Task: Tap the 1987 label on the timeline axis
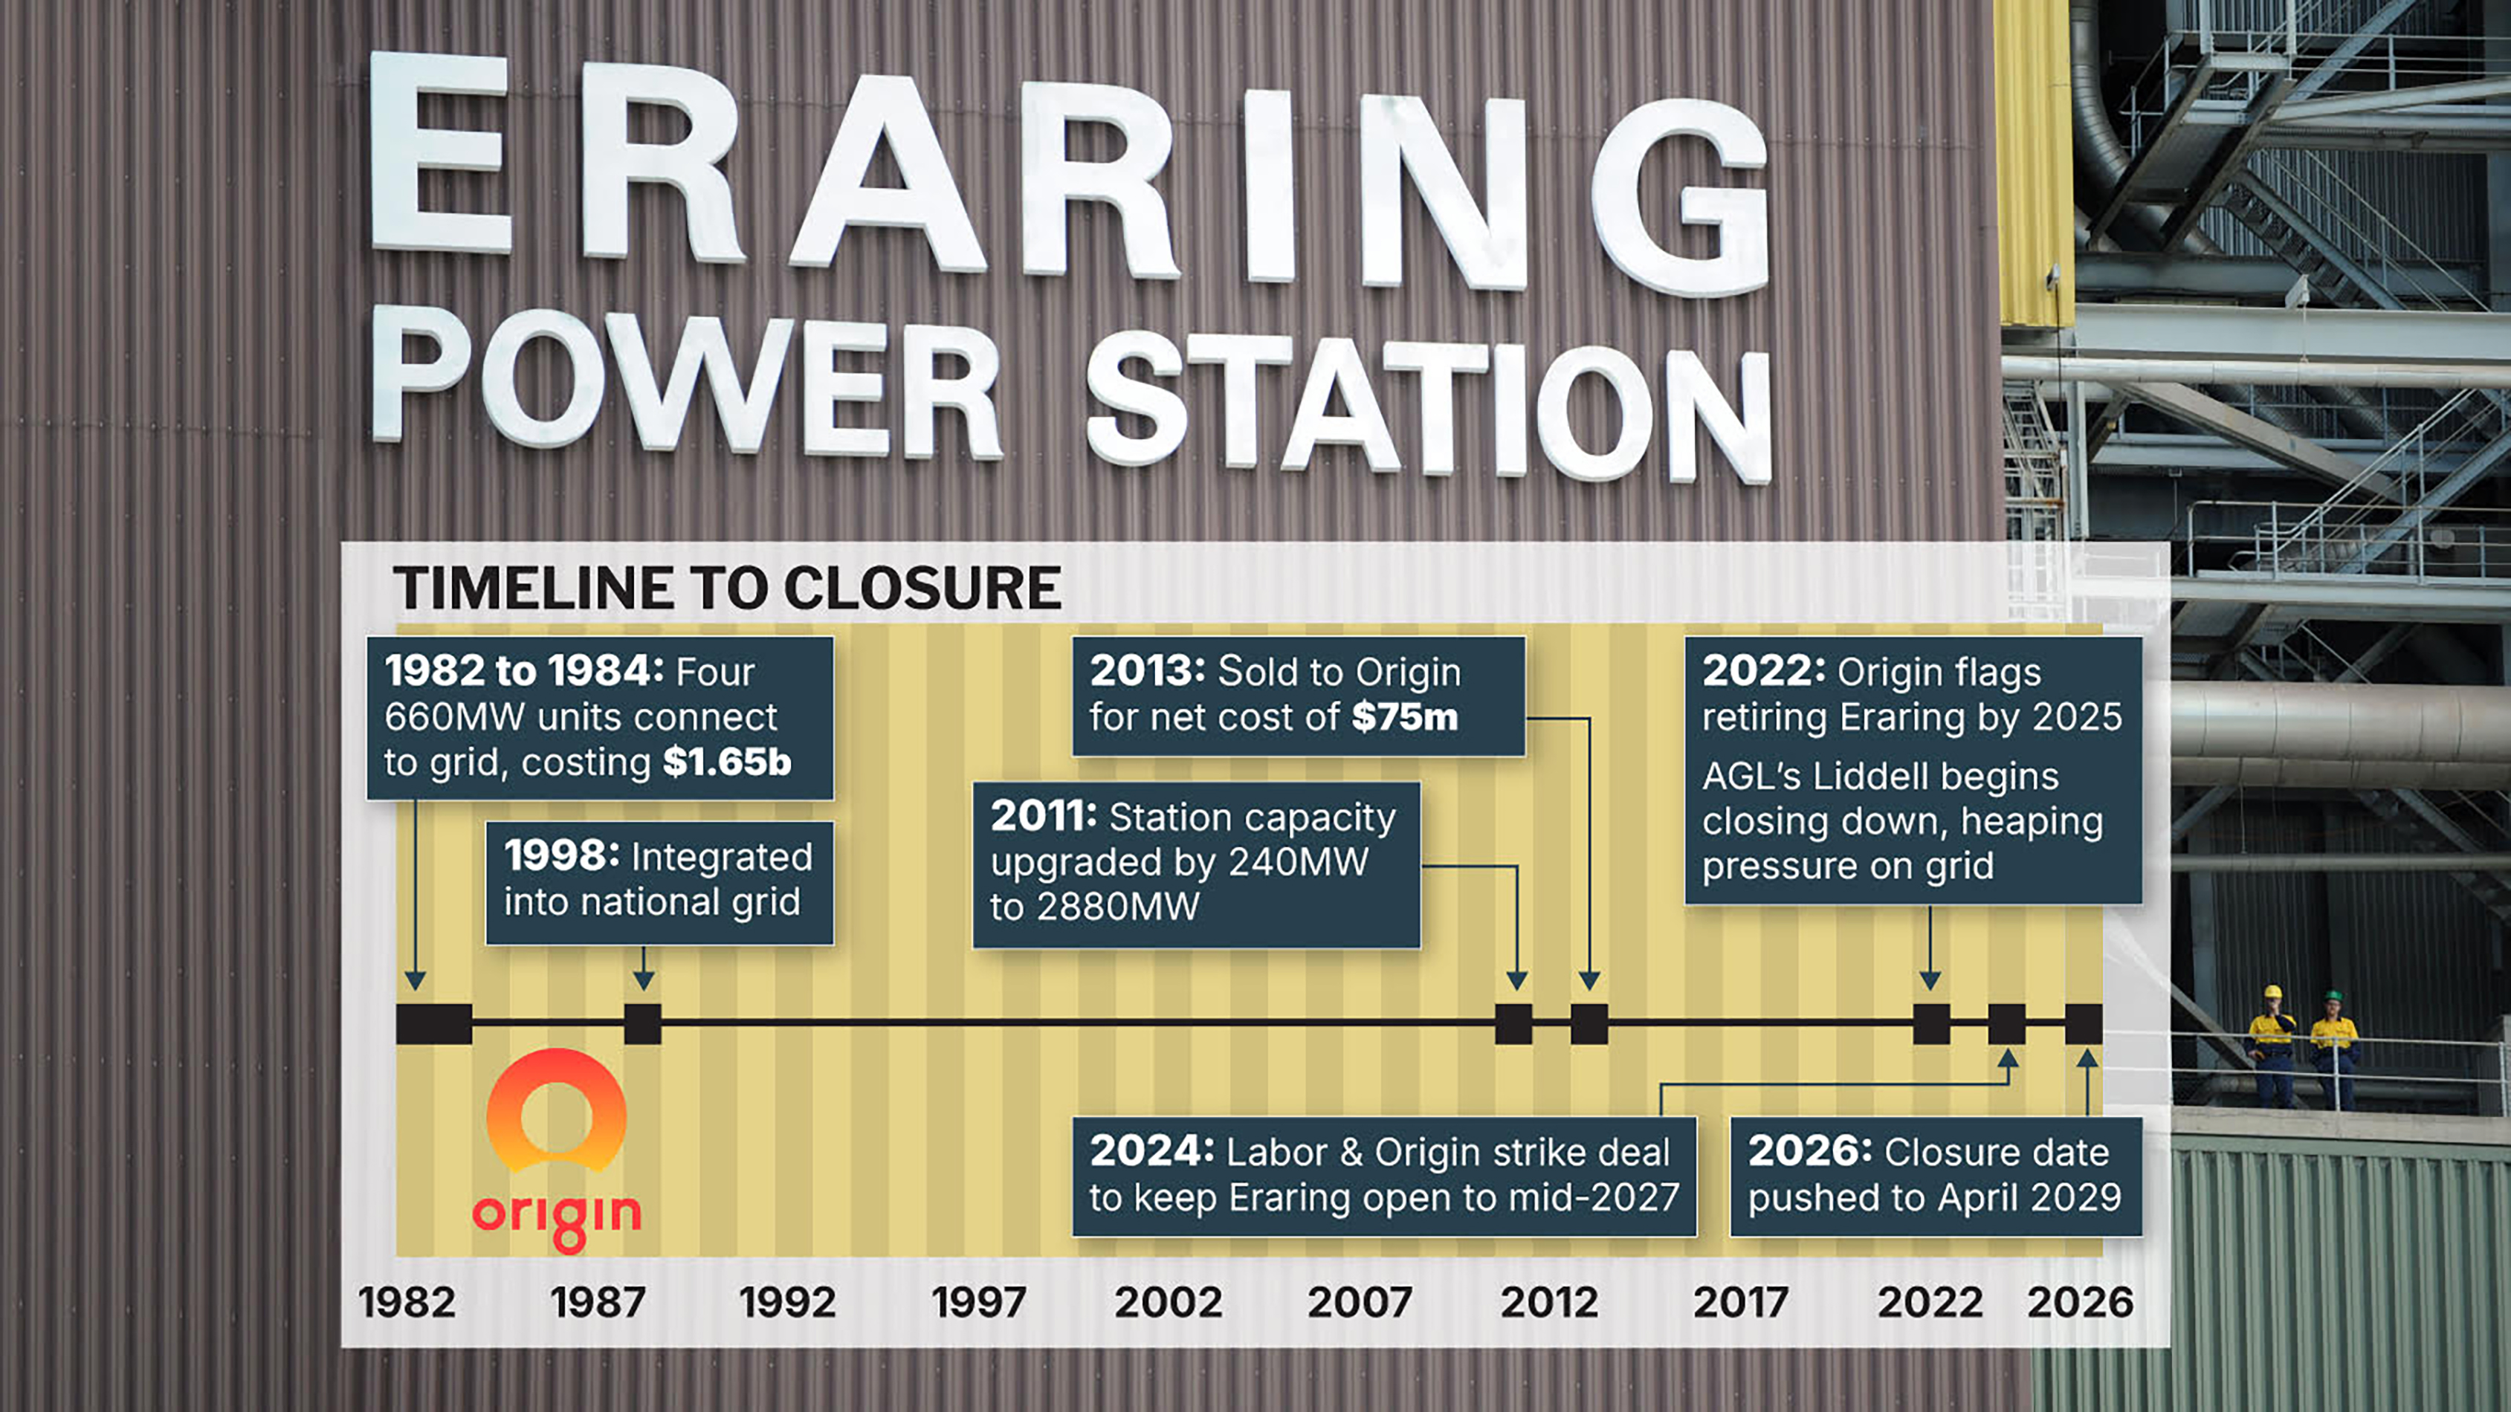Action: pyautogui.click(x=598, y=1302)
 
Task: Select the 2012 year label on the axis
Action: pyautogui.click(x=1549, y=1302)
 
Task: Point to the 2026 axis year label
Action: pyautogui.click(x=2080, y=1302)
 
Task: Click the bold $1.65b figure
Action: pyautogui.click(x=727, y=762)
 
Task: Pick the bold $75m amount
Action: pyautogui.click(x=1405, y=717)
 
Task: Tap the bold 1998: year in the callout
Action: pyautogui.click(x=561, y=855)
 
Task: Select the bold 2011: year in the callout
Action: pyautogui.click(x=1044, y=816)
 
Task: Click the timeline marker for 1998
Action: pyautogui.click(x=642, y=1024)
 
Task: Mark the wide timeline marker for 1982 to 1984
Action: pyautogui.click(x=434, y=1024)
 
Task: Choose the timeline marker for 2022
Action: pyautogui.click(x=1931, y=1024)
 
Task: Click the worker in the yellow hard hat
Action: pyautogui.click(x=2272, y=1048)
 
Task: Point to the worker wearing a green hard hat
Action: pyautogui.click(x=2333, y=1049)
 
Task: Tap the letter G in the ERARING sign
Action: pyautogui.click(x=1678, y=196)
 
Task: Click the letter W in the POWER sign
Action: pyautogui.click(x=690, y=385)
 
